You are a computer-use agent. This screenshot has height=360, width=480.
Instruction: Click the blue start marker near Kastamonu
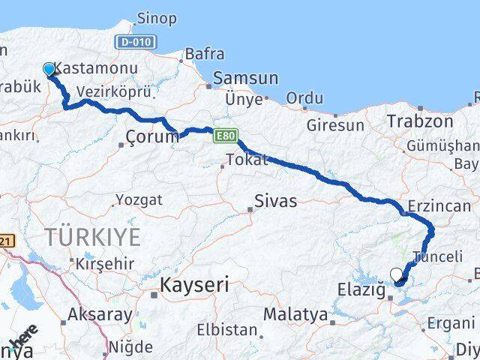[x=49, y=70]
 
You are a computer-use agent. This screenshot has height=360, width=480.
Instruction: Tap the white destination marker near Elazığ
[x=397, y=275]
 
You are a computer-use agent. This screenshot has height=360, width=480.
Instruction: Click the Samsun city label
[x=246, y=78]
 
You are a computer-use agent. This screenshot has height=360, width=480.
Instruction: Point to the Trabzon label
[x=420, y=121]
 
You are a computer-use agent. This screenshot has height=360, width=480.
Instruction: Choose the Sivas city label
[x=275, y=201]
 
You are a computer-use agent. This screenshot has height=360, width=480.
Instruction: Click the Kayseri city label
[x=194, y=285]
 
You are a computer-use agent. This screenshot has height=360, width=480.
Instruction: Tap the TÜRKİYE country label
[x=92, y=238]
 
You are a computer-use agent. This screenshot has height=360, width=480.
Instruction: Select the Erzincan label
[x=439, y=205]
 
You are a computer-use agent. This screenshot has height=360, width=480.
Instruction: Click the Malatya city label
[x=300, y=314]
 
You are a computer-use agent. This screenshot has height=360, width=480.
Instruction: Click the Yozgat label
[x=138, y=200]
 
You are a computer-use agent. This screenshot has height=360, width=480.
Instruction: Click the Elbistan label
[x=226, y=329]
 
